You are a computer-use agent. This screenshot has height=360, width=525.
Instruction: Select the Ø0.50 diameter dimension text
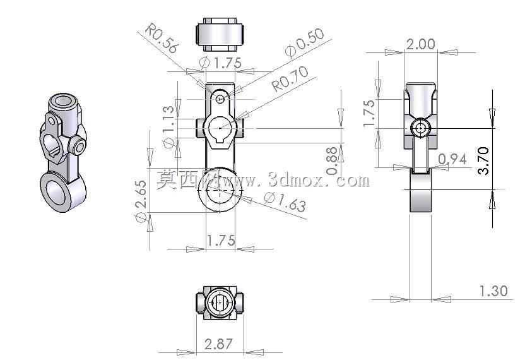tap(305, 42)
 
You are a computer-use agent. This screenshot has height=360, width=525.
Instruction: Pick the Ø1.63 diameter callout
tap(285, 201)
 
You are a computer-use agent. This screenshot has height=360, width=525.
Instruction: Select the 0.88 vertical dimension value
tap(331, 161)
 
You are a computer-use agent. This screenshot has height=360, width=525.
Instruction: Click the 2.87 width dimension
tap(218, 344)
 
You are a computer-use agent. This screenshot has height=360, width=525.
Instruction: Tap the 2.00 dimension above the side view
tap(420, 44)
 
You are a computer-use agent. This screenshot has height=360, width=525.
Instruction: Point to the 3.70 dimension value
tap(483, 160)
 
